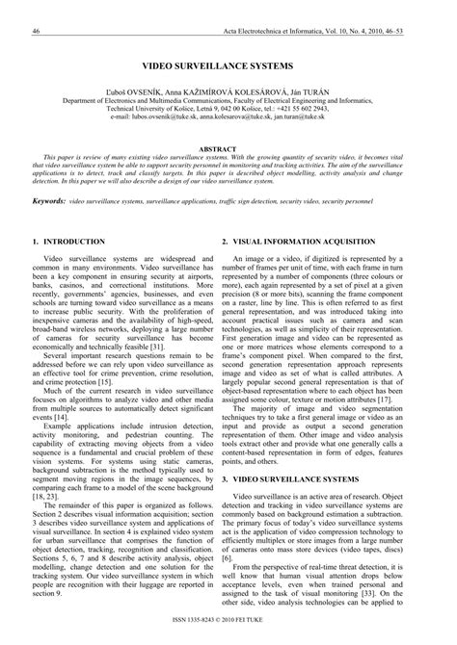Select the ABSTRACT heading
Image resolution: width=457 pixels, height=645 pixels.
(228, 149)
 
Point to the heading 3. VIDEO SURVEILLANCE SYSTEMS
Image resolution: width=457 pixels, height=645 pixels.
(296, 477)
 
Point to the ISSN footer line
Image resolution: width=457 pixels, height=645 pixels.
(228, 634)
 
